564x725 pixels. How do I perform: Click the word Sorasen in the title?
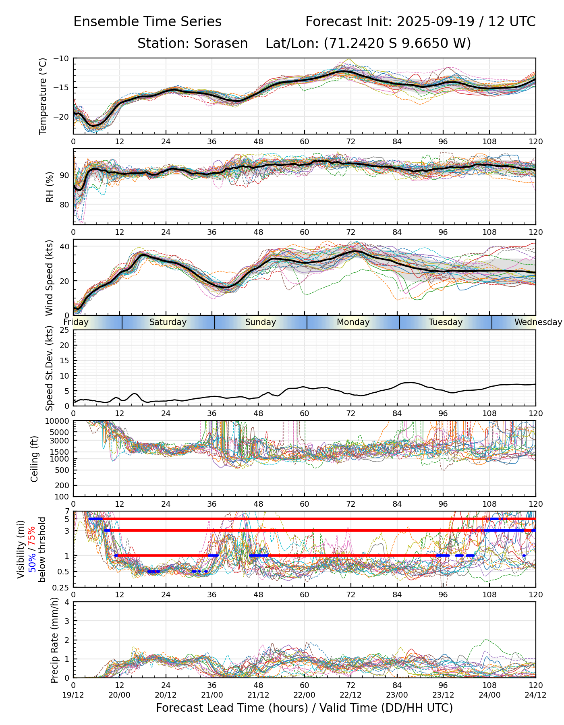(x=221, y=43)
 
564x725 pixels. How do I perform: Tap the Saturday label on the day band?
(x=168, y=322)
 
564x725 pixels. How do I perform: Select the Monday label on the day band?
(x=353, y=322)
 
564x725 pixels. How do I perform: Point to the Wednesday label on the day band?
(x=537, y=322)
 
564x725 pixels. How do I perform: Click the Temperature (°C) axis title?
(x=43, y=96)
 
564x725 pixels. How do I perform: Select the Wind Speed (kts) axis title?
(x=49, y=278)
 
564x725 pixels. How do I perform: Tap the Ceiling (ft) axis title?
(x=35, y=459)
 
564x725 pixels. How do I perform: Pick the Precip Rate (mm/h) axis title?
(x=54, y=640)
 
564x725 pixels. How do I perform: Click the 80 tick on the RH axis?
(x=64, y=205)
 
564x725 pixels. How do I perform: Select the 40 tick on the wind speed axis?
(x=64, y=246)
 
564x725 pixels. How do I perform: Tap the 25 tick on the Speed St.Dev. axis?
(x=64, y=330)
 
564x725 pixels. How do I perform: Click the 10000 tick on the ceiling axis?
(x=58, y=421)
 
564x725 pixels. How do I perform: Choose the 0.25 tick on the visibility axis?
(x=62, y=587)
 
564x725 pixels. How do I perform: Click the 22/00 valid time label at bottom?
(x=305, y=695)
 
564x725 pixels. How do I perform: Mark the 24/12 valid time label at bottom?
(x=535, y=695)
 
